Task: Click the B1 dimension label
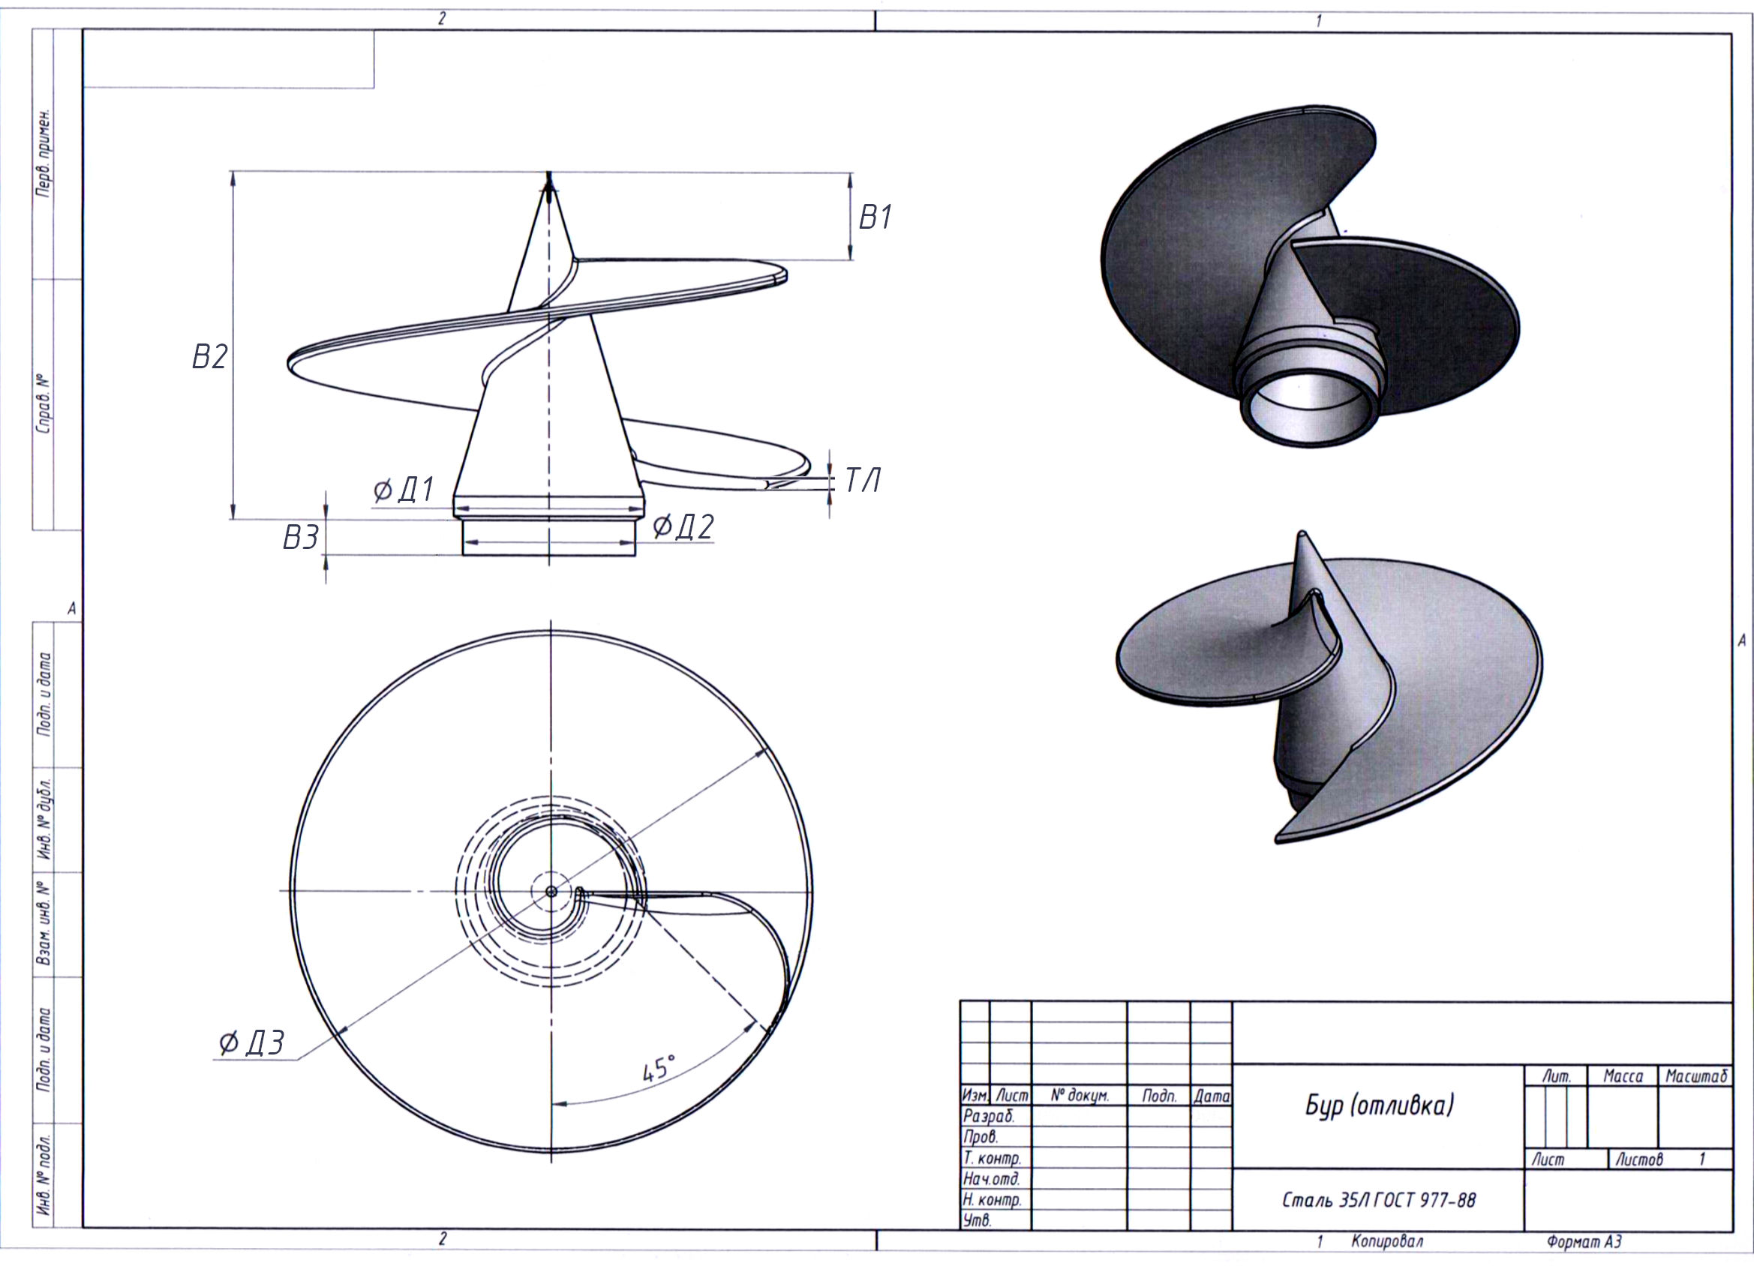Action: [875, 218]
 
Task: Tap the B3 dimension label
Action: [301, 537]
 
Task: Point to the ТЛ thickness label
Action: [862, 481]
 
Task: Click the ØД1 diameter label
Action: [404, 490]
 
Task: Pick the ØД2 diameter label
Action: [683, 526]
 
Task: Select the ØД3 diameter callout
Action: [251, 1043]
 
